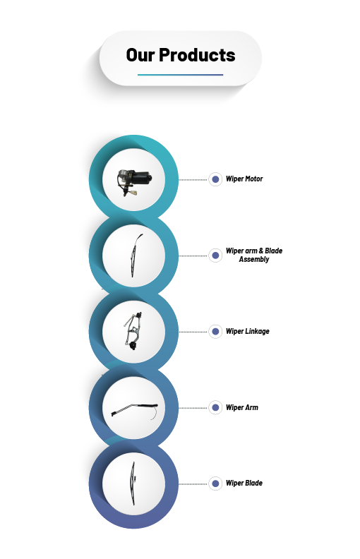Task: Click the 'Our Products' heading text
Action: (181, 55)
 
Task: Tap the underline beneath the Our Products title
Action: (181, 75)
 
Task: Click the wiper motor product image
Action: (133, 181)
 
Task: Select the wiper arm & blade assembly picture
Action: (136, 256)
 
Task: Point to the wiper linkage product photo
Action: (133, 331)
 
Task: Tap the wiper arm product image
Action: (135, 411)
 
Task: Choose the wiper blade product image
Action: (133, 483)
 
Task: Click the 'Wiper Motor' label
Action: (244, 179)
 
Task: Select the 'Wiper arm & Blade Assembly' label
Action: (254, 255)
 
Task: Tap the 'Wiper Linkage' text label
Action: (247, 331)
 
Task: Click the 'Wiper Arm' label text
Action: (241, 407)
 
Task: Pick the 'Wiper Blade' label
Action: (244, 483)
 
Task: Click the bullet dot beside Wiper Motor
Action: (215, 179)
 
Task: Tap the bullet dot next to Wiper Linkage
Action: (215, 332)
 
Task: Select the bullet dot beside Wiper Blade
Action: (215, 483)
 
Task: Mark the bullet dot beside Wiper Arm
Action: (215, 407)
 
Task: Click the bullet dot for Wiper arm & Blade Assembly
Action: (215, 256)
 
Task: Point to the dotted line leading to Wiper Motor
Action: (193, 180)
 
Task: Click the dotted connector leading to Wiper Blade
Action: (193, 483)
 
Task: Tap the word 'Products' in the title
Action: (197, 55)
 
